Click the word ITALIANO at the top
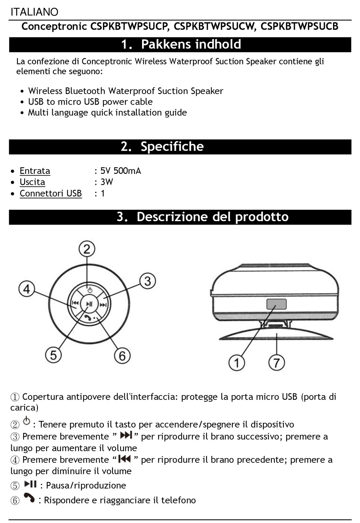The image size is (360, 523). coord(34,12)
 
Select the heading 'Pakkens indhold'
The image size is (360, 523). coord(191,44)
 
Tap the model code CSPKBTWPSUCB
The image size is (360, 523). coord(299,27)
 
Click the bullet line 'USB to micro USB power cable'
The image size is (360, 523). coord(90,102)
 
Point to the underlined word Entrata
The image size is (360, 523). coord(35,171)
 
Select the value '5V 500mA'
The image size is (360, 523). coord(121,171)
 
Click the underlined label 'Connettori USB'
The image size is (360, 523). coord(51,194)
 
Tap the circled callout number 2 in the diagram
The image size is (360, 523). coord(87,249)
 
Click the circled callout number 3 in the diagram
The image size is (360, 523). coord(147,281)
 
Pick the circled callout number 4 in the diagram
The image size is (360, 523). coord(27,289)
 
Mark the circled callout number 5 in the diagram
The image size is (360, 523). coord(53,355)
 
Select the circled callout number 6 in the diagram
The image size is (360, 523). coord(122,356)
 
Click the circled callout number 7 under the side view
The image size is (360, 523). coord(277,362)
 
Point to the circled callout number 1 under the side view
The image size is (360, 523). coord(237,362)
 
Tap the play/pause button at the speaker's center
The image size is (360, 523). coord(89,304)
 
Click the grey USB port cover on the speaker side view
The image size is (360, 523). coord(276,304)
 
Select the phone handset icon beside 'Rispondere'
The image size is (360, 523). coord(29,498)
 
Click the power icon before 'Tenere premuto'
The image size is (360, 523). coord(27,421)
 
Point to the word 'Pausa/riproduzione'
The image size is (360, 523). coord(86,486)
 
